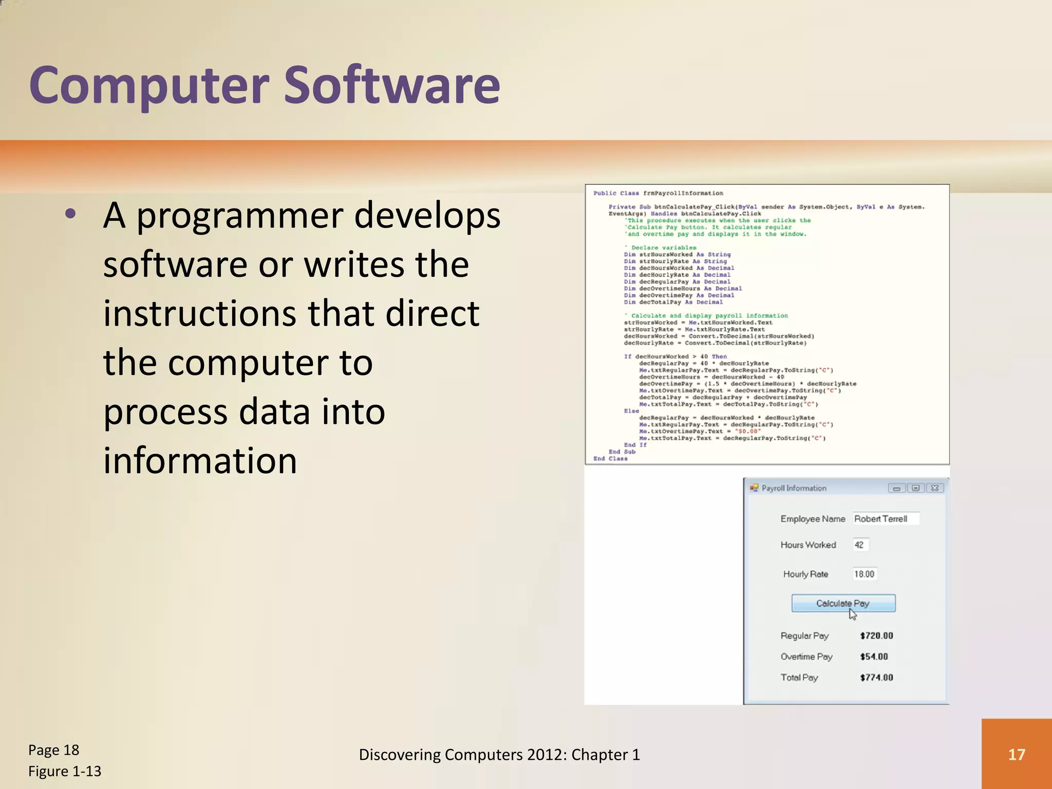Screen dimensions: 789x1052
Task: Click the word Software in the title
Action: (x=391, y=85)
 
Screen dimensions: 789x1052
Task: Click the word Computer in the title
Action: (x=149, y=85)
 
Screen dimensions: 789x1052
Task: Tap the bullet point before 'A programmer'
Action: (x=71, y=214)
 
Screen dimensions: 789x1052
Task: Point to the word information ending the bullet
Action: (x=200, y=460)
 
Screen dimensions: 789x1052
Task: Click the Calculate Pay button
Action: (x=843, y=603)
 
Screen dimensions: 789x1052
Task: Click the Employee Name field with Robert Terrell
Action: (x=886, y=519)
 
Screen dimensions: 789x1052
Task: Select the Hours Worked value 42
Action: (x=860, y=545)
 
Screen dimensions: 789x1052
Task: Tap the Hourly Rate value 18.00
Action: (x=864, y=574)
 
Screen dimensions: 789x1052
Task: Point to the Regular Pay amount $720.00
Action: (x=876, y=636)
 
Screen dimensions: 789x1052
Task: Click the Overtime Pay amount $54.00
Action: (x=874, y=657)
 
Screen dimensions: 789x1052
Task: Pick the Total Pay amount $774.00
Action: (x=876, y=678)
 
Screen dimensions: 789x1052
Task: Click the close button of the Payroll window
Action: (x=935, y=488)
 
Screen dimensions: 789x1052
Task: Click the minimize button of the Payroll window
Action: (x=896, y=488)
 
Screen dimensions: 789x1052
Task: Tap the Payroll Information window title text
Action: (x=794, y=488)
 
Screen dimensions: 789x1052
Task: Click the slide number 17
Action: (x=1016, y=754)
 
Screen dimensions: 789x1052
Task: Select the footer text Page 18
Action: (x=53, y=750)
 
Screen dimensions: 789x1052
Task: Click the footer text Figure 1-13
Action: (x=65, y=772)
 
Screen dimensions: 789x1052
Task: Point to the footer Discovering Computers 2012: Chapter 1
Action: (x=499, y=755)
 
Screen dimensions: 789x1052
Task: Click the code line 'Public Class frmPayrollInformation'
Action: (x=658, y=193)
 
